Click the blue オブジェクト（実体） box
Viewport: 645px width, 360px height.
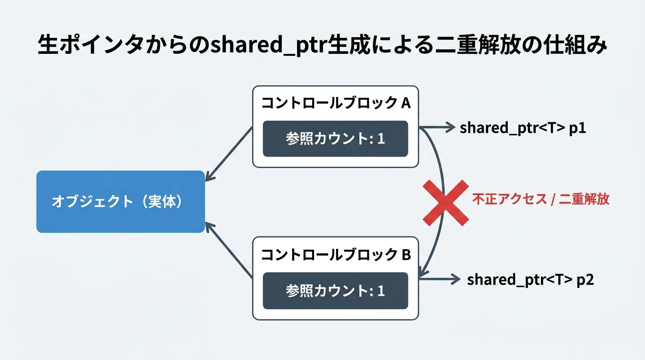tap(120, 202)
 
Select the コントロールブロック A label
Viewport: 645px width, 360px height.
tap(336, 103)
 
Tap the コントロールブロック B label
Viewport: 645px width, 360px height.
tap(336, 255)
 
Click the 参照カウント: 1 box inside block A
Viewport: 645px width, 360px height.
tap(336, 139)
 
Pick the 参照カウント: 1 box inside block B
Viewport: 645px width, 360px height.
tap(336, 291)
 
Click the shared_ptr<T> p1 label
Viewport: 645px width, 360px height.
tap(523, 128)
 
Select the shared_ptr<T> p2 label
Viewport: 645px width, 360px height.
tap(531, 280)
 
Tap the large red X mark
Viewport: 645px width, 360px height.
tap(446, 203)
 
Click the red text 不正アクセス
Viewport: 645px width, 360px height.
tap(510, 199)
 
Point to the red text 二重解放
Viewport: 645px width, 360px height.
tap(584, 199)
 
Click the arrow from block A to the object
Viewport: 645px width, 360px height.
tap(229, 154)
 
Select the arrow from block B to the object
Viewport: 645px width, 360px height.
tap(229, 250)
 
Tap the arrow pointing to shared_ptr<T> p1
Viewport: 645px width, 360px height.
tap(437, 127)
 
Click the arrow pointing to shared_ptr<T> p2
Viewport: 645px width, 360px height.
tap(440, 279)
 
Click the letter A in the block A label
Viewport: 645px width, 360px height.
tap(406, 103)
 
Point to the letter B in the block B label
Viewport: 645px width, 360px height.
tap(406, 255)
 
